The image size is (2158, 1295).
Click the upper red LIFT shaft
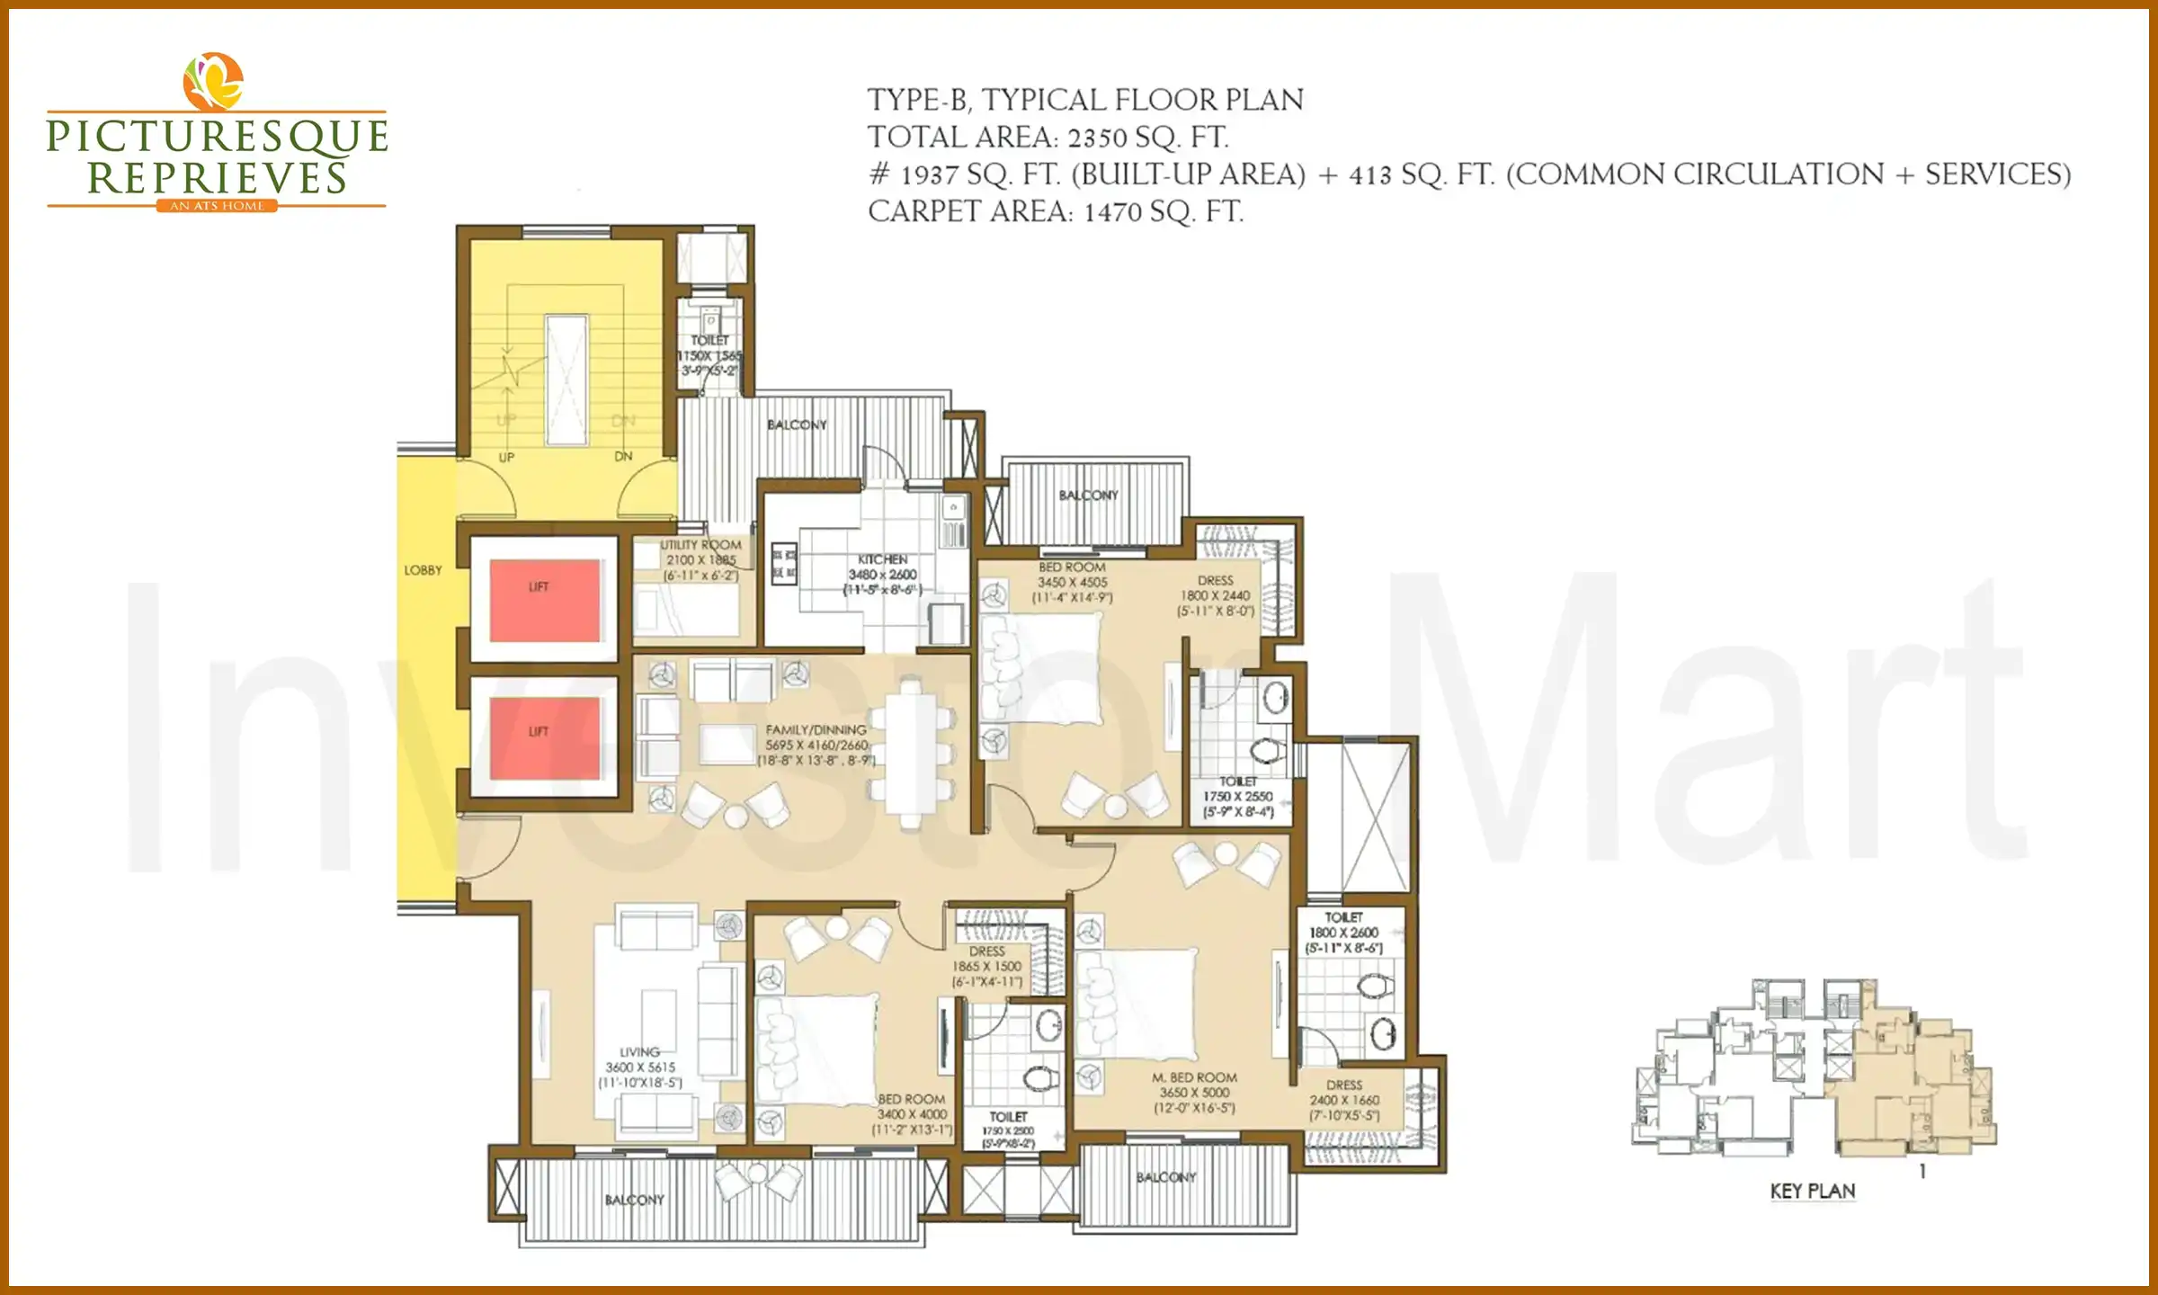click(545, 599)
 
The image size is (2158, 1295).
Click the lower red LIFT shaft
click(545, 737)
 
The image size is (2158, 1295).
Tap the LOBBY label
click(423, 570)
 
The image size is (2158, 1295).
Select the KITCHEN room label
click(882, 559)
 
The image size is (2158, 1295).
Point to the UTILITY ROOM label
click(700, 545)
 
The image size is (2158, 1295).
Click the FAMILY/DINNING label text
click(816, 730)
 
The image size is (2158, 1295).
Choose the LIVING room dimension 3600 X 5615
click(639, 1067)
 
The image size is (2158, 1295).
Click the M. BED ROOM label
click(1194, 1077)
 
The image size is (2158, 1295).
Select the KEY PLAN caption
click(1812, 1192)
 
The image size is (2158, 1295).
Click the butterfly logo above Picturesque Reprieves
click(213, 81)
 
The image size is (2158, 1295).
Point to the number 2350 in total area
click(1097, 138)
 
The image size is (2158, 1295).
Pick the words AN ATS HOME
click(217, 206)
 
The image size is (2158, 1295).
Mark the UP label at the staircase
click(506, 457)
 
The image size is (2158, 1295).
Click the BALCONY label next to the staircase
click(797, 424)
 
